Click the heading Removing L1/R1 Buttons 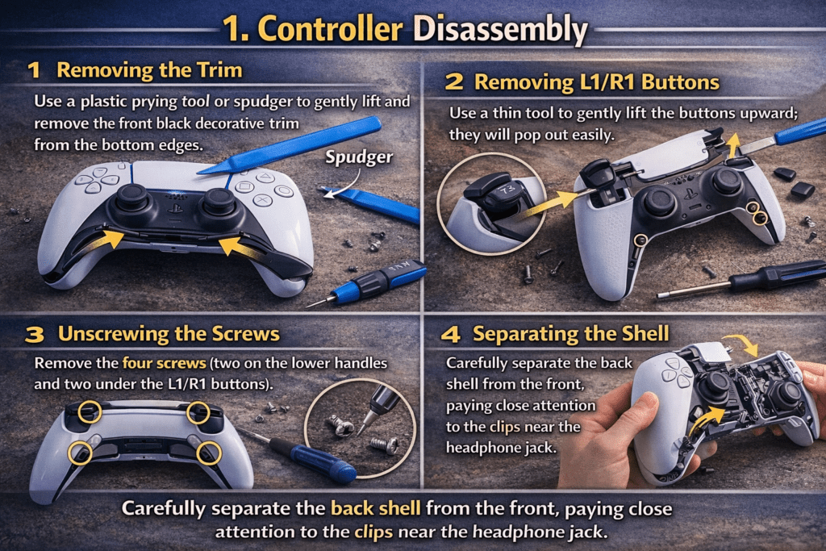[x=596, y=81]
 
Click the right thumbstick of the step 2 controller [x=726, y=181]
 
